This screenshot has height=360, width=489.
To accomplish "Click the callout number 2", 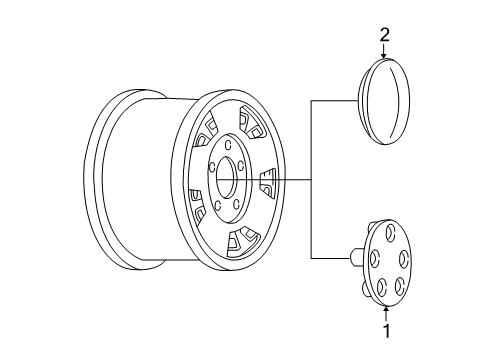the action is [382, 37].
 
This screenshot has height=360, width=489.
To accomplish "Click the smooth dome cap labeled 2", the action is [383, 102].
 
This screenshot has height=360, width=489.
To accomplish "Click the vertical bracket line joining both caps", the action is [313, 180].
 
